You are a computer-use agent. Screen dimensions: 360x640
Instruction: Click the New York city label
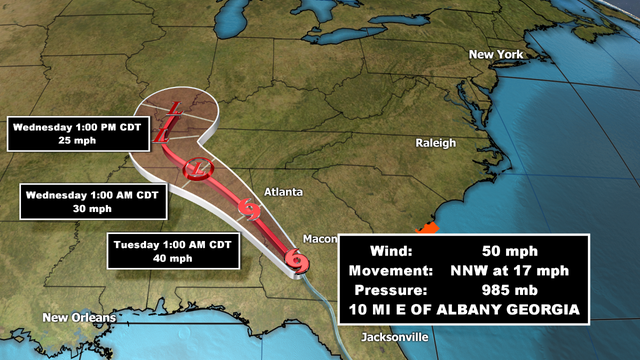pyautogui.click(x=496, y=54)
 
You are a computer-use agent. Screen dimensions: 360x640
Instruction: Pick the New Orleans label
pyautogui.click(x=79, y=318)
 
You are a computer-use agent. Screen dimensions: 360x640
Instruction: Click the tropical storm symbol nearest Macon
pyautogui.click(x=297, y=262)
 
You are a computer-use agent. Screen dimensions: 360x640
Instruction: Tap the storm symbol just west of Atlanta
pyautogui.click(x=252, y=211)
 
